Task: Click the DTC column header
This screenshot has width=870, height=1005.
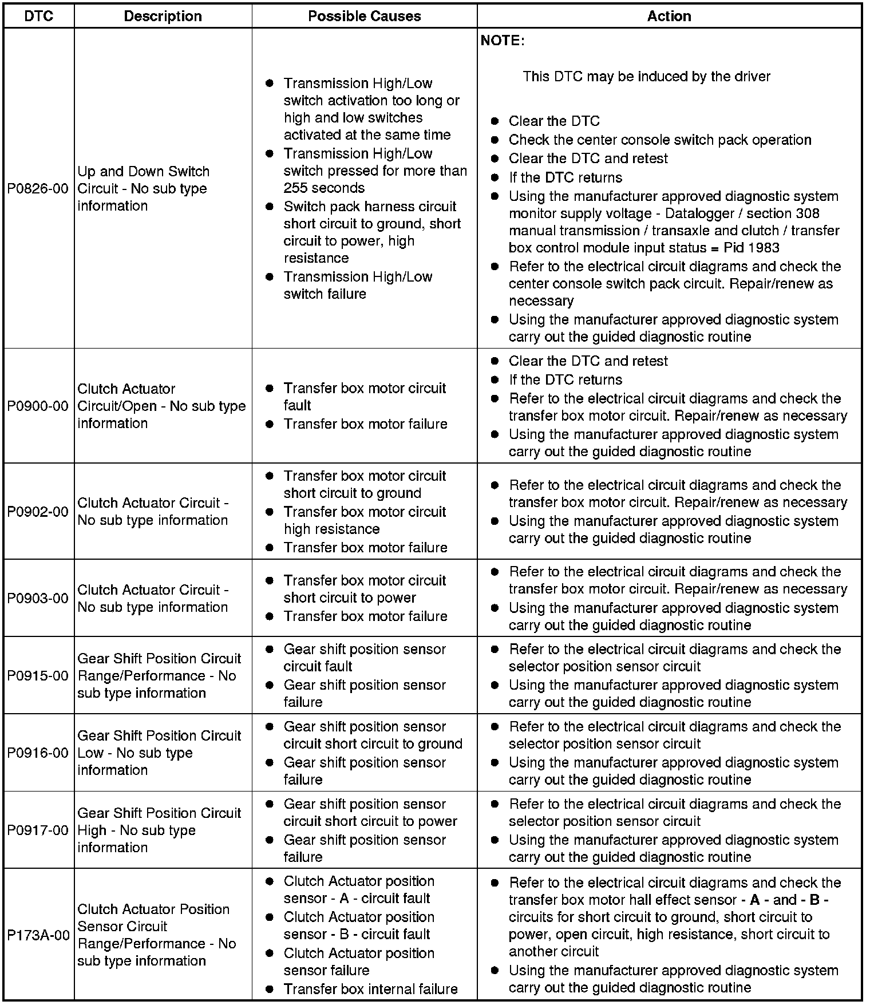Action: [x=39, y=16]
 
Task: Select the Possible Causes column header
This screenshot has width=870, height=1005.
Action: [x=364, y=16]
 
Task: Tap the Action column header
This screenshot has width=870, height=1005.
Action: [x=669, y=16]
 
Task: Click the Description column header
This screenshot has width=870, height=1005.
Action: [x=163, y=16]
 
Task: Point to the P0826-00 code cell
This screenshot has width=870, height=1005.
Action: [x=38, y=188]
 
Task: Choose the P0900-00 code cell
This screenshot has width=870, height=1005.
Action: [x=38, y=406]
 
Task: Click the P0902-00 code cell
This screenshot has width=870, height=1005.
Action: [x=38, y=512]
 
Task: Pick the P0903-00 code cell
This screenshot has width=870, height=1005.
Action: [x=38, y=598]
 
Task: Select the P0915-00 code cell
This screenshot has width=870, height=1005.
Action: [x=38, y=675]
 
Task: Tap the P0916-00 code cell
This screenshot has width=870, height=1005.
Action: [x=38, y=753]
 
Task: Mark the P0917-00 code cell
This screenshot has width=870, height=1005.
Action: [x=38, y=830]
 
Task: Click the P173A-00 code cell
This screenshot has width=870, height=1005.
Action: [x=38, y=935]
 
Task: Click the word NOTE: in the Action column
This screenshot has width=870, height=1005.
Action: [x=502, y=41]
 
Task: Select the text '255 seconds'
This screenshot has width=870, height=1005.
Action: [x=324, y=188]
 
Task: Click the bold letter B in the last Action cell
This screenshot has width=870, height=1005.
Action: [x=814, y=900]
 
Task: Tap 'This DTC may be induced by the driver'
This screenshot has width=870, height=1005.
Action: [x=646, y=77]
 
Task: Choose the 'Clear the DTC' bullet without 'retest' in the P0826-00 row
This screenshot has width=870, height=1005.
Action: [x=553, y=121]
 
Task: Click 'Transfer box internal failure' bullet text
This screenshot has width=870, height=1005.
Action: [x=370, y=989]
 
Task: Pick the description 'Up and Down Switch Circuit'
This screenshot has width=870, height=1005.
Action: [x=143, y=180]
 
